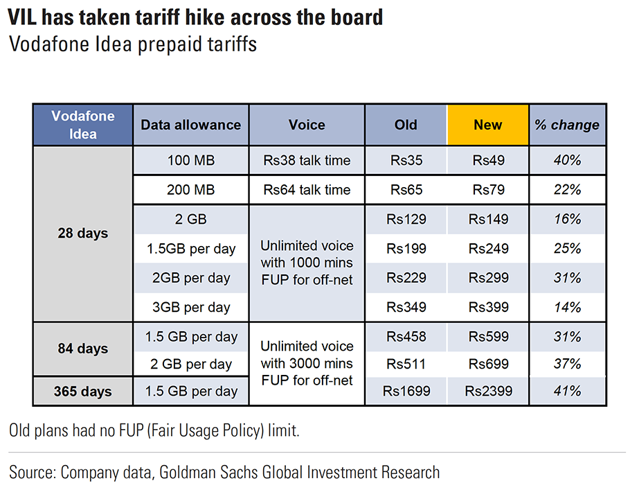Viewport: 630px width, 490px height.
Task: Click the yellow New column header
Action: (x=487, y=125)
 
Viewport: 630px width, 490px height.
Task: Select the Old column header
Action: (x=406, y=125)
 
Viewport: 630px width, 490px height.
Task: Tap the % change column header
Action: (x=567, y=125)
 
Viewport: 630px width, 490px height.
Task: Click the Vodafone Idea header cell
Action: (x=82, y=125)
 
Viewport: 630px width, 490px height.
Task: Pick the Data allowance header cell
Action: (x=190, y=125)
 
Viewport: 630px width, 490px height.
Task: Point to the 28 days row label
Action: (x=82, y=234)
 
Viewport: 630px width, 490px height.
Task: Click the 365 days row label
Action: (x=82, y=392)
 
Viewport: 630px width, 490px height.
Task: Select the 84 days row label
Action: (x=82, y=349)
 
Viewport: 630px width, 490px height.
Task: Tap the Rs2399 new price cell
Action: (x=487, y=392)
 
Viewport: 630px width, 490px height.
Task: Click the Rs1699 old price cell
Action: (x=406, y=392)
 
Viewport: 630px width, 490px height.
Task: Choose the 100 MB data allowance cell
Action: (x=190, y=161)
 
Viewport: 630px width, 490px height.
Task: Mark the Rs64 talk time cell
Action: (x=307, y=190)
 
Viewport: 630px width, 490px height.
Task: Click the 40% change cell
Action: (x=567, y=161)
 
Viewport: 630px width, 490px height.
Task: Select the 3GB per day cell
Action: (x=190, y=306)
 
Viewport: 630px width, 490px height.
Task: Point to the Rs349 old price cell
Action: (x=406, y=306)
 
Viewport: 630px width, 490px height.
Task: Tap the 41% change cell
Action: (x=567, y=392)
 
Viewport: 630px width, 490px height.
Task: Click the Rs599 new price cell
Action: (x=487, y=337)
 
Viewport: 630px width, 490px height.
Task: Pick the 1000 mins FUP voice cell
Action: (x=307, y=263)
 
